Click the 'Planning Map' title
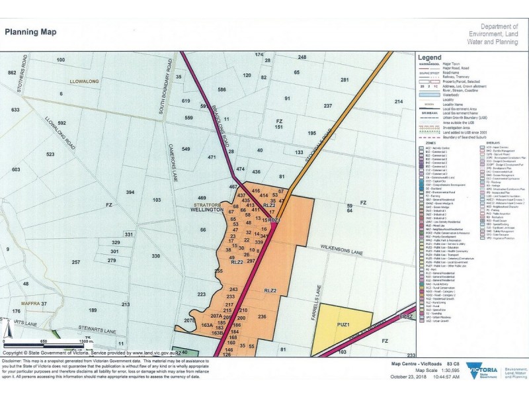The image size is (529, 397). (30, 31)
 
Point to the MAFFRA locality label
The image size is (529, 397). (31, 303)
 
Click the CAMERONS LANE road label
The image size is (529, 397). (170, 162)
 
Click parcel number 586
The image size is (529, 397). (222, 89)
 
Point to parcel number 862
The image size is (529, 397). (11, 72)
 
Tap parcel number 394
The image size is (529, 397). (130, 192)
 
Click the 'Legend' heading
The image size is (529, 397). (430, 57)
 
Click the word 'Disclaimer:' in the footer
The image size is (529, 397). (16, 361)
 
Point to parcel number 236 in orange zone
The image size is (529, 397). (262, 317)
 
